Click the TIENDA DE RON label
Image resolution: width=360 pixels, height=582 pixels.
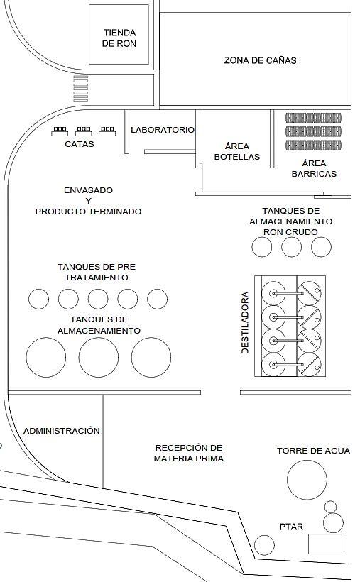click(x=119, y=38)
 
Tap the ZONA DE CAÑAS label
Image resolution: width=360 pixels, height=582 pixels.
click(x=260, y=60)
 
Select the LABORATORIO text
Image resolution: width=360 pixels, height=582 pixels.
click(x=163, y=130)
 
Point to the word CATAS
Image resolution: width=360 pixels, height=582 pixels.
click(x=79, y=144)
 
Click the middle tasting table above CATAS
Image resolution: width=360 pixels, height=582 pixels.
click(x=84, y=131)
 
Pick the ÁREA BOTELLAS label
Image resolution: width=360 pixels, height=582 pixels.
click(x=237, y=151)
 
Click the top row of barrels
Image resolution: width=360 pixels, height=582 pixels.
click(x=313, y=118)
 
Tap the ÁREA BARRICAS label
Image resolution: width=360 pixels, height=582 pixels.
click(x=314, y=168)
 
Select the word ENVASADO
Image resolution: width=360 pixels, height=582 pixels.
click(x=89, y=190)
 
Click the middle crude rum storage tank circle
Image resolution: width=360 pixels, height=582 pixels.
click(x=291, y=247)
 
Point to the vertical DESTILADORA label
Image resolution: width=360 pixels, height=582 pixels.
click(x=245, y=322)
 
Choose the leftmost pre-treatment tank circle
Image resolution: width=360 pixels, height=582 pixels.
click(x=38, y=299)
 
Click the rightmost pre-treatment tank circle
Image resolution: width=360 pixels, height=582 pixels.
click(x=157, y=299)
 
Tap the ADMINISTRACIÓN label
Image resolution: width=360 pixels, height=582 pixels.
click(x=62, y=431)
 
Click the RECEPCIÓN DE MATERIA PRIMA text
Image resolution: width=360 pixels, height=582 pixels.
click(x=189, y=454)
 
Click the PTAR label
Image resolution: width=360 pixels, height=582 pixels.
click(x=291, y=527)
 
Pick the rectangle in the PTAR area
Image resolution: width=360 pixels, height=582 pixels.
click(x=326, y=544)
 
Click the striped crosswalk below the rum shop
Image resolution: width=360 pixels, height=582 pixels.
click(x=81, y=89)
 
